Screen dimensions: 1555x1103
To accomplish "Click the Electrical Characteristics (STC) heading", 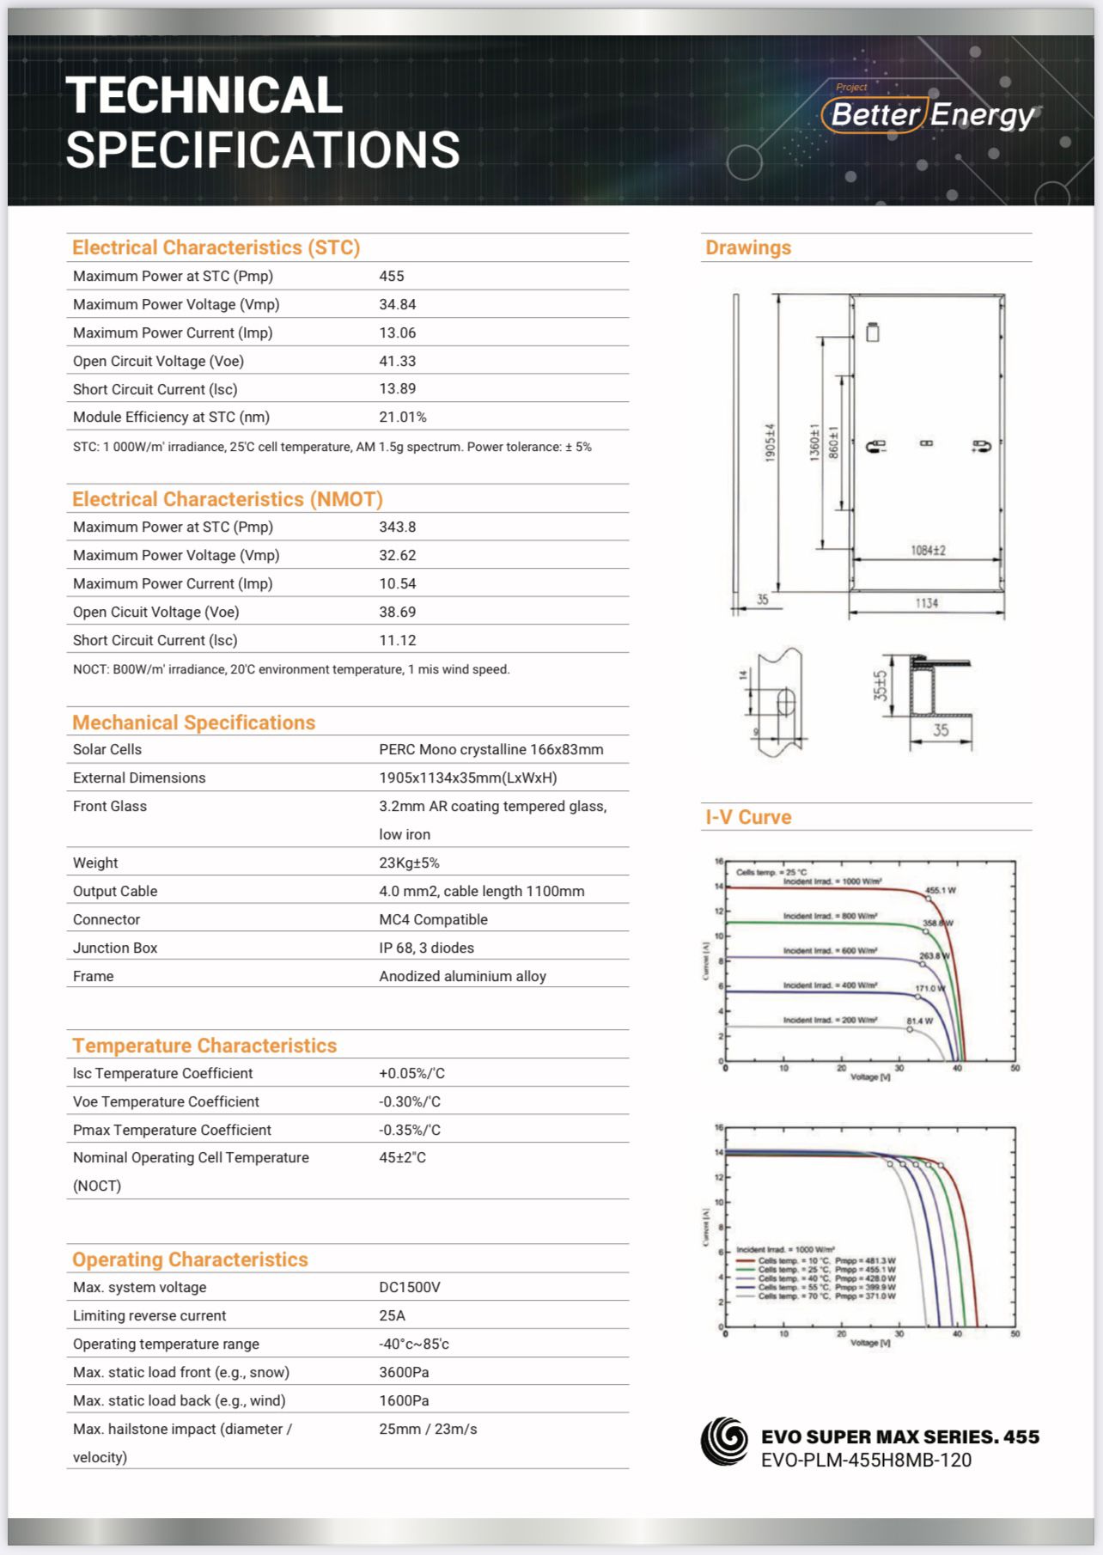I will [x=216, y=247].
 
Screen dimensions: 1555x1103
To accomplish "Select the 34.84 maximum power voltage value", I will [x=398, y=304].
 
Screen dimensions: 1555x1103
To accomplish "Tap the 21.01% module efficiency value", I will [x=403, y=417].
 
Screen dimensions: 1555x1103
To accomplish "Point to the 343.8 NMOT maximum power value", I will [x=398, y=527].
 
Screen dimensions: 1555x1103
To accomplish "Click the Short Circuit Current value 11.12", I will [x=398, y=640].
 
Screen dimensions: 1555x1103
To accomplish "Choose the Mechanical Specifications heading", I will [x=193, y=723].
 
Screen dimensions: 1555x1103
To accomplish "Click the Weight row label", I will [x=95, y=863].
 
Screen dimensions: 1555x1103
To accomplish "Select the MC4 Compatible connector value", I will [x=433, y=919].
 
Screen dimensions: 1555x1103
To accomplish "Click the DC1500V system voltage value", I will [x=410, y=1287].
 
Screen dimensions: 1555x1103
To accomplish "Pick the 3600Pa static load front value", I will [x=404, y=1372].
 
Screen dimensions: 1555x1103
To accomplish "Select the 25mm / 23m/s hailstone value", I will [x=428, y=1429].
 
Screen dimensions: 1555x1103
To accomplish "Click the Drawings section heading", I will [x=748, y=247].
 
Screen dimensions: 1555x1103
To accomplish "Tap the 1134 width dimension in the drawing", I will [x=926, y=603].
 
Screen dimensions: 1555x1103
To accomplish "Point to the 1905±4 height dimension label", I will [x=771, y=442].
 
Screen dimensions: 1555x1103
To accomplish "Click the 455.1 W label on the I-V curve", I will [x=941, y=890].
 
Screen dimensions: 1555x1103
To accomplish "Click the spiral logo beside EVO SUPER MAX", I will [x=724, y=1441].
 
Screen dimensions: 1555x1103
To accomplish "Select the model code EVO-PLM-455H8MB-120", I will [x=866, y=1460].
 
